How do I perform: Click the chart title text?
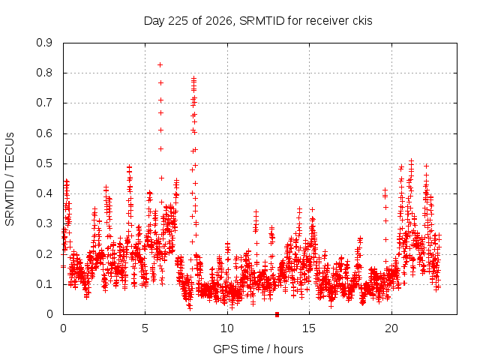(258, 21)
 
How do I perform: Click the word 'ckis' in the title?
(362, 21)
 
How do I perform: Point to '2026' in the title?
(219, 21)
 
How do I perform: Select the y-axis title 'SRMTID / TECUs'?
(10, 179)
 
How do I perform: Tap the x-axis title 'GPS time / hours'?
(258, 349)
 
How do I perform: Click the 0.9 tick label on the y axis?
(44, 43)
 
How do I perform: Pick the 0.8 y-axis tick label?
(44, 73)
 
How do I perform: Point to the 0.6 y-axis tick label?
(44, 133)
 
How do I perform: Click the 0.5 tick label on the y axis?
(44, 163)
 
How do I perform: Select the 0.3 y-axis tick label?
(44, 223)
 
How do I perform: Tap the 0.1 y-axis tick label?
(44, 284)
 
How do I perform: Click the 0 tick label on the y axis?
(49, 314)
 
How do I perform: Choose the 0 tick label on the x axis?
(63, 328)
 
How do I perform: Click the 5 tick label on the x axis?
(145, 328)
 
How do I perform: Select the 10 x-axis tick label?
(227, 328)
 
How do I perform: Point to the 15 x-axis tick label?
(309, 328)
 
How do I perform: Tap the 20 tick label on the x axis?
(391, 328)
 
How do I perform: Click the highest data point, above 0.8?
(160, 65)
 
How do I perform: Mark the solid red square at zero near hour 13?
(277, 314)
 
